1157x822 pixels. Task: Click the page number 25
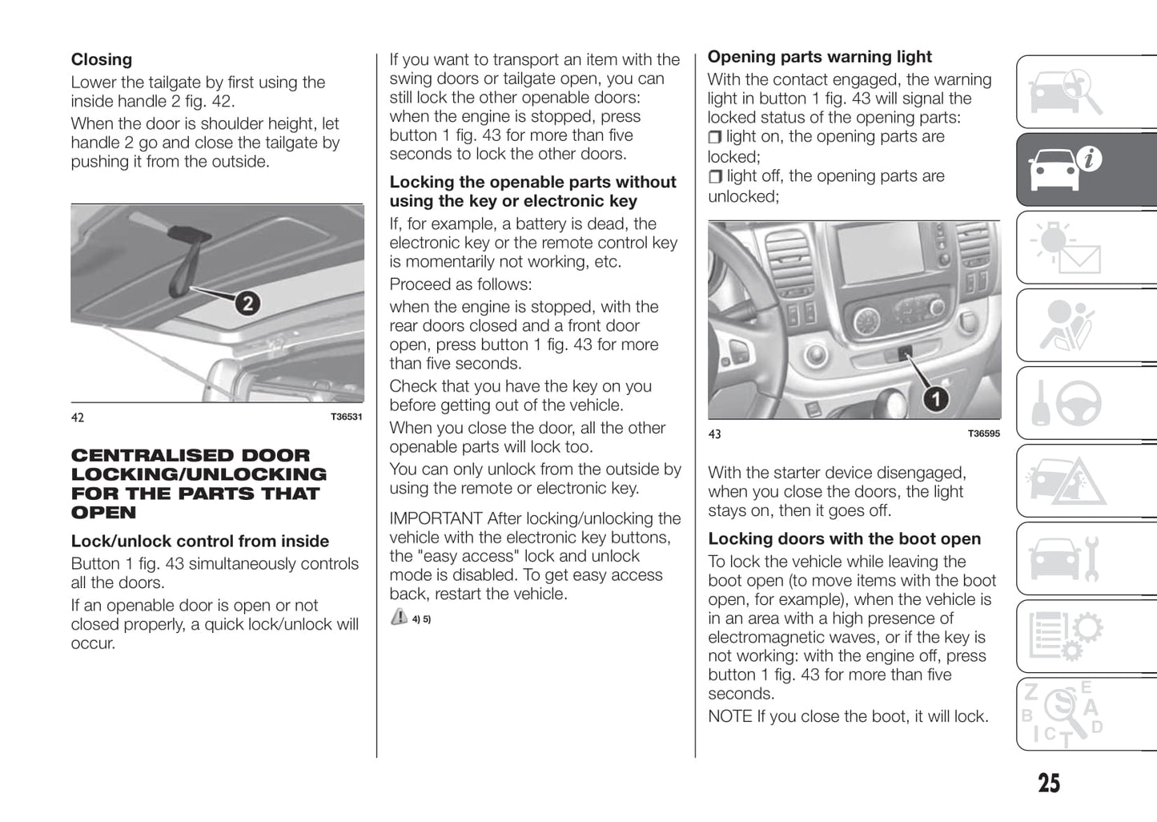pos(1049,783)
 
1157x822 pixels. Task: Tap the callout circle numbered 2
pos(247,304)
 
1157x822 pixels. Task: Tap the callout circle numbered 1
pos(936,397)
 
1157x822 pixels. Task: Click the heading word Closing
pos(102,59)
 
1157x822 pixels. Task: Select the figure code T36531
pos(346,417)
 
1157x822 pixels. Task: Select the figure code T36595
pos(983,433)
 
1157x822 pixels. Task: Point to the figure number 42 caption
pos(78,417)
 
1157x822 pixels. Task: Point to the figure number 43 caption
pos(714,434)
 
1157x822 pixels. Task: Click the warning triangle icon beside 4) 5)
pos(399,617)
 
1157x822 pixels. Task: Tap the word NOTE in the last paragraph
pos(729,716)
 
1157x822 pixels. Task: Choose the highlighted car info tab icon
pos(1064,169)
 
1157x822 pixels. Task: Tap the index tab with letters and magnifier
pos(1065,714)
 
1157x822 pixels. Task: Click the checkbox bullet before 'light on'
pos(715,138)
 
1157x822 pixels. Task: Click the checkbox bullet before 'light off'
pos(715,177)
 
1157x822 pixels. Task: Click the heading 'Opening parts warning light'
pos(819,57)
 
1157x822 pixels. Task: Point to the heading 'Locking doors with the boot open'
pos(844,539)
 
